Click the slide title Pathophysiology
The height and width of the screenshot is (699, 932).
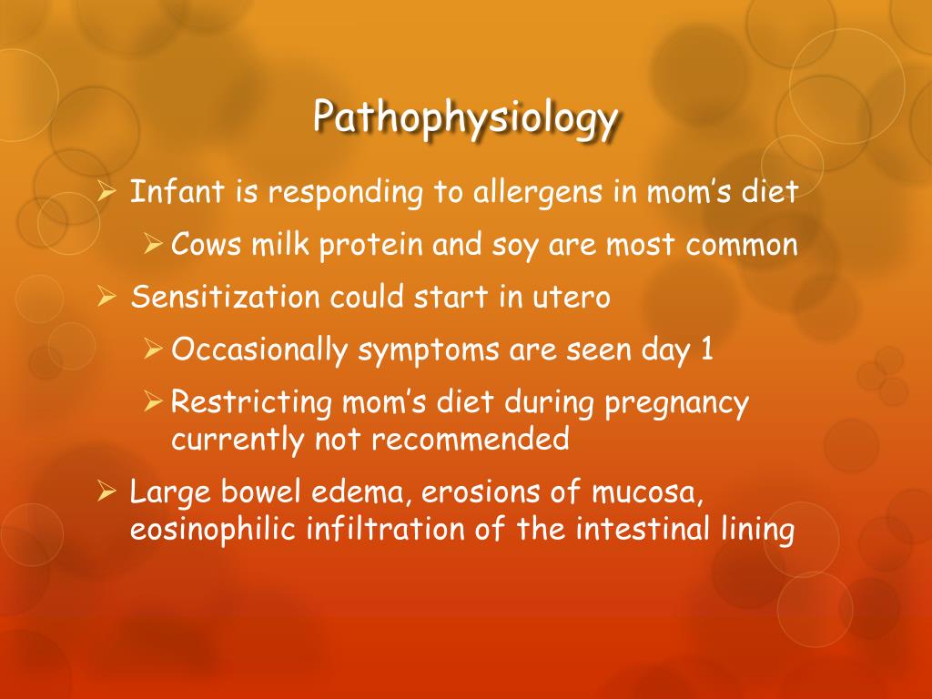466,117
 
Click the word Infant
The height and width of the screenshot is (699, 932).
161,192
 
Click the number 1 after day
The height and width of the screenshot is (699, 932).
706,350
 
